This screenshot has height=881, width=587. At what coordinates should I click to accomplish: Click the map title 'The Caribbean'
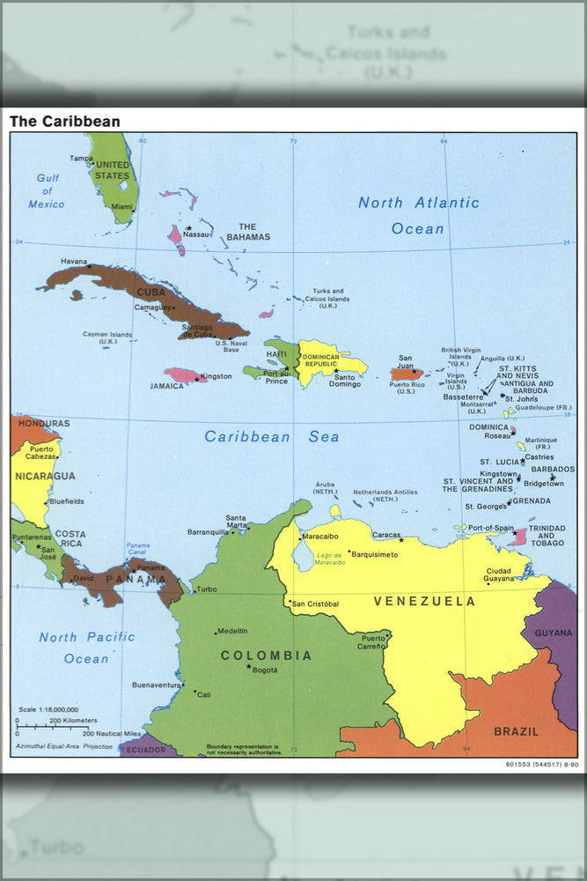click(x=65, y=122)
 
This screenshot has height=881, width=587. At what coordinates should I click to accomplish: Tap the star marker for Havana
click(x=89, y=266)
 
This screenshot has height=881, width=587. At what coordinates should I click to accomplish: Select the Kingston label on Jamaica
click(x=216, y=376)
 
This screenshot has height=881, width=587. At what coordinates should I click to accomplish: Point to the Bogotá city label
click(x=265, y=670)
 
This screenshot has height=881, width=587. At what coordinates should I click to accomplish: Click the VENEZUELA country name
click(x=424, y=602)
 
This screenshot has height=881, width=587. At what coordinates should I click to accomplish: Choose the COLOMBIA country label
click(x=266, y=655)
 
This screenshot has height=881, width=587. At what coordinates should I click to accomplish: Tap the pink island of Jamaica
click(x=184, y=375)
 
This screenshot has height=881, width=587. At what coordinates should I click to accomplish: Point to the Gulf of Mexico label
click(x=47, y=191)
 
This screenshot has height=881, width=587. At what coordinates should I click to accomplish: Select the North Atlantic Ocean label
click(x=419, y=215)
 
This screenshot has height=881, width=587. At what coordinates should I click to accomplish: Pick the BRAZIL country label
click(x=516, y=731)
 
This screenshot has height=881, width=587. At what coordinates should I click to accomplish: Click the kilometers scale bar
click(x=52, y=726)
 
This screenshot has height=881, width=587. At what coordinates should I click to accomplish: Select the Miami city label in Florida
click(x=122, y=207)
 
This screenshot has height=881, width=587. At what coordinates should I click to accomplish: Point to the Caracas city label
click(x=387, y=535)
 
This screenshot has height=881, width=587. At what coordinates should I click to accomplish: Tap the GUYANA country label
click(x=554, y=633)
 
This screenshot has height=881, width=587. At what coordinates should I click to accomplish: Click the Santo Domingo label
click(x=344, y=381)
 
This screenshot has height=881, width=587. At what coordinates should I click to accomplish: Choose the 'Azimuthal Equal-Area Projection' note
click(x=63, y=746)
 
